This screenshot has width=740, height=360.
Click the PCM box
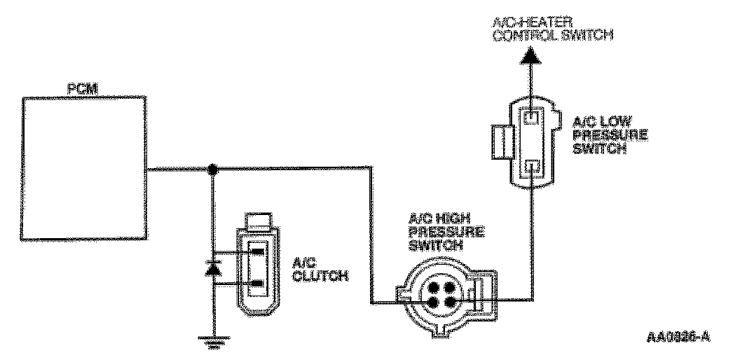tap(85, 169)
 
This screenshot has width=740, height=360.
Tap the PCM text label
tap(82, 90)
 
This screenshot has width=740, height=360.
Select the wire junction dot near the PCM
tap(212, 168)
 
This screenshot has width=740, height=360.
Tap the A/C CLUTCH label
tap(320, 270)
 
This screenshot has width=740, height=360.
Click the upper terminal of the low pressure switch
tap(533, 118)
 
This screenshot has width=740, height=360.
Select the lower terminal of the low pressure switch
tap(533, 167)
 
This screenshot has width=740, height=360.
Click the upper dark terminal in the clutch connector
tap(258, 252)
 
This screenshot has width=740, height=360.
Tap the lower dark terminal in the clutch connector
tap(258, 284)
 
